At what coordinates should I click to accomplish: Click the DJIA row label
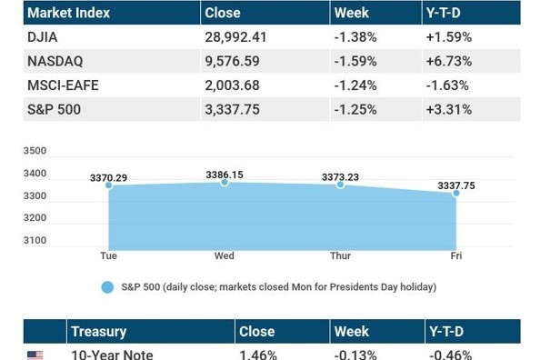tap(42, 37)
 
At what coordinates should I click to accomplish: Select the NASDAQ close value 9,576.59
tap(232, 61)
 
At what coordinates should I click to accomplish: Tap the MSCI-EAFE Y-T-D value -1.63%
tap(447, 85)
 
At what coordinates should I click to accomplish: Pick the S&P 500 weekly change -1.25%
tap(355, 110)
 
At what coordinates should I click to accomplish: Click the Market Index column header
tap(68, 13)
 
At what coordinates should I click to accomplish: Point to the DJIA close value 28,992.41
tap(235, 37)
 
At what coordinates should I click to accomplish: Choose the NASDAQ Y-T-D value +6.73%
tap(449, 61)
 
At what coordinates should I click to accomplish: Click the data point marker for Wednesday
tap(225, 182)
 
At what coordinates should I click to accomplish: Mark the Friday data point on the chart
tap(456, 193)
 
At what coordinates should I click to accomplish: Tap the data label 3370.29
tap(108, 178)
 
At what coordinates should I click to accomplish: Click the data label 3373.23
tap(340, 177)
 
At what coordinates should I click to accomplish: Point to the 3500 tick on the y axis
tap(35, 151)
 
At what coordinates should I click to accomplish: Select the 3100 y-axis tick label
tap(35, 240)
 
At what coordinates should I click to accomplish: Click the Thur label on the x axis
tap(340, 255)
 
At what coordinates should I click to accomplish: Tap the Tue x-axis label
tap(108, 255)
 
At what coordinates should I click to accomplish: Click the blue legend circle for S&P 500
tap(107, 287)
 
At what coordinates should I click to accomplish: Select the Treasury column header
tap(99, 332)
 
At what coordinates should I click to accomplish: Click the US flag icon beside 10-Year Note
tap(35, 355)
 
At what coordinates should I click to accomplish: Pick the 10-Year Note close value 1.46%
tap(258, 355)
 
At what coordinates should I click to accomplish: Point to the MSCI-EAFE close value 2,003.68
tap(232, 85)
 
